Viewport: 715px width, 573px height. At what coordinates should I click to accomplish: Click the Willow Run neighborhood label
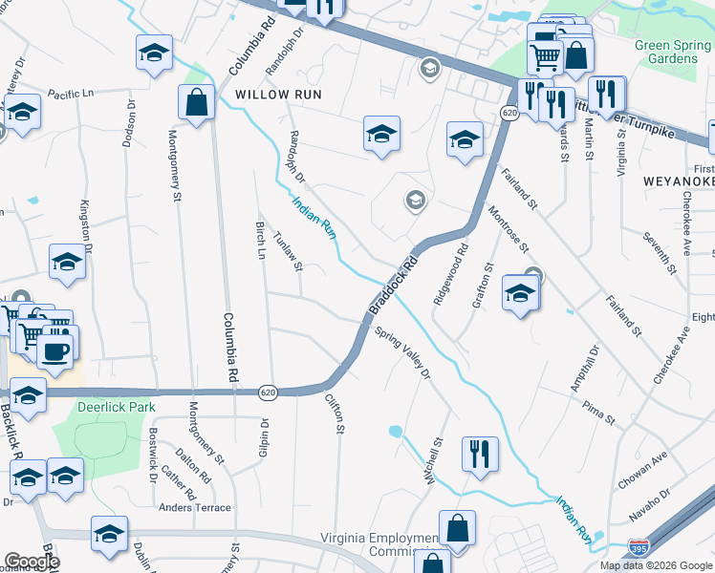(278, 95)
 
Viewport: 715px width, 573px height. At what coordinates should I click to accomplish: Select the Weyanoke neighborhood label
(673, 180)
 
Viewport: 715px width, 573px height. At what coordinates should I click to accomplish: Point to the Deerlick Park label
(115, 407)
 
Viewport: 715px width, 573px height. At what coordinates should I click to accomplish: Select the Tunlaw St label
(288, 251)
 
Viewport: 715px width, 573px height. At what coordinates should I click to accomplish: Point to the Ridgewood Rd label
(450, 274)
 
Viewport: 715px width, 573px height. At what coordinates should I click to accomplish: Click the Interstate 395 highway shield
(639, 548)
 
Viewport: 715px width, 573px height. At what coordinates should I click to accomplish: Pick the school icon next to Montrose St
(521, 293)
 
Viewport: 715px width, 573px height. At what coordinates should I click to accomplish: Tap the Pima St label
(598, 411)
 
